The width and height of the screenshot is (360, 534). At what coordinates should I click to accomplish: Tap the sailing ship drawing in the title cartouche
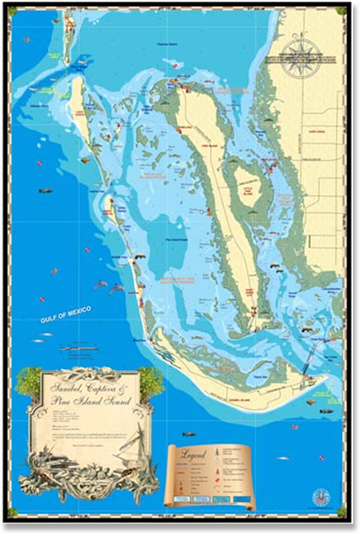tap(125, 457)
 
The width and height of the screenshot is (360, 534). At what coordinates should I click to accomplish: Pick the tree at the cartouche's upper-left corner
tap(28, 378)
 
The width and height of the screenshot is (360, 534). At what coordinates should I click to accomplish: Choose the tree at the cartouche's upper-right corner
tap(151, 378)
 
